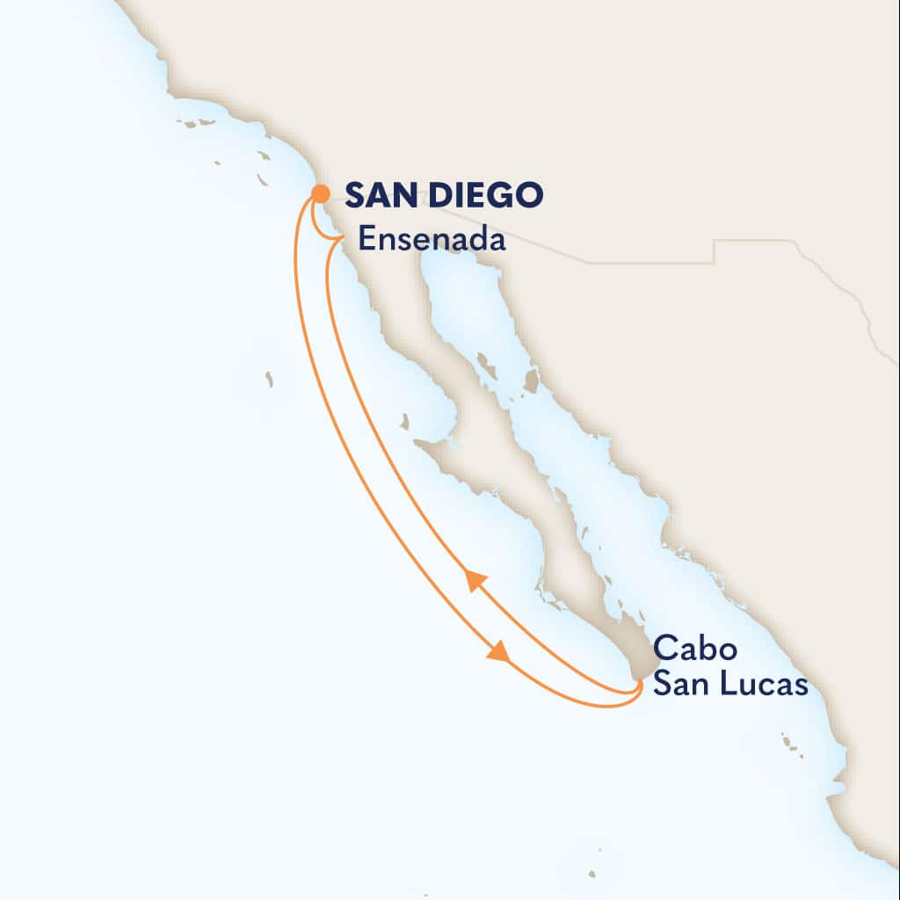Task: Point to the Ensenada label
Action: coord(432,239)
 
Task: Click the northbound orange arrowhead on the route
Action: coord(475,580)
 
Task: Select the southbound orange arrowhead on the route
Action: coord(498,652)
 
